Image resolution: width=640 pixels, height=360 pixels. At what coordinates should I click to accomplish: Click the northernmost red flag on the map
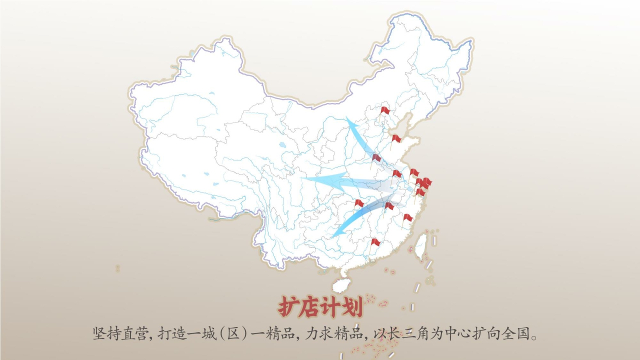pyautogui.click(x=384, y=110)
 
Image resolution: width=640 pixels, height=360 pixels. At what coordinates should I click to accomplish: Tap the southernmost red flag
pyautogui.click(x=375, y=242)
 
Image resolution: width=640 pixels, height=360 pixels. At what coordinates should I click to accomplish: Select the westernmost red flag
pyautogui.click(x=359, y=203)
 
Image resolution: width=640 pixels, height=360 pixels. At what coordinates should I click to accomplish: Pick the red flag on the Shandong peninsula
pyautogui.click(x=396, y=138)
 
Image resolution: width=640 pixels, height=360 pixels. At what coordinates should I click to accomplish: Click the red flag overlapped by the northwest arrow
pyautogui.click(x=376, y=158)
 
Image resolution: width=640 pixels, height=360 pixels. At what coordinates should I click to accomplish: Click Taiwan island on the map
pyautogui.click(x=421, y=246)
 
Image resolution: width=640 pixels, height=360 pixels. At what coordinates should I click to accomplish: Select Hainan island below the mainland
pyautogui.click(x=341, y=285)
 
